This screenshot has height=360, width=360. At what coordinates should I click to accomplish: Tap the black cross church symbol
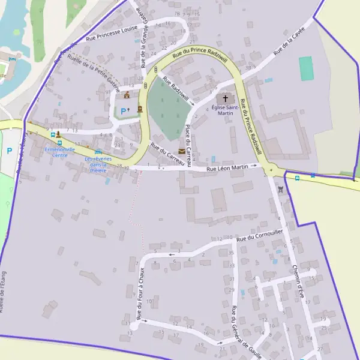[x=226, y=98]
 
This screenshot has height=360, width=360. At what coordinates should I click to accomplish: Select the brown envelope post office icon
[x=182, y=151]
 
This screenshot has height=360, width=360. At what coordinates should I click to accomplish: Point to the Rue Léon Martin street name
[x=227, y=168]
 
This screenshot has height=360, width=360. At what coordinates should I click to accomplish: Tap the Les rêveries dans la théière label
[x=98, y=164]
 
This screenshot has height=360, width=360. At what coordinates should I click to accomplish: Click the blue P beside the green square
[x=124, y=110]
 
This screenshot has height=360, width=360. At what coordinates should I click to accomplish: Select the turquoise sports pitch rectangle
[x=307, y=68]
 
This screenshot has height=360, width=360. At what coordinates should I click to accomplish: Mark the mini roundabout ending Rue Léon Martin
[x=271, y=170]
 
